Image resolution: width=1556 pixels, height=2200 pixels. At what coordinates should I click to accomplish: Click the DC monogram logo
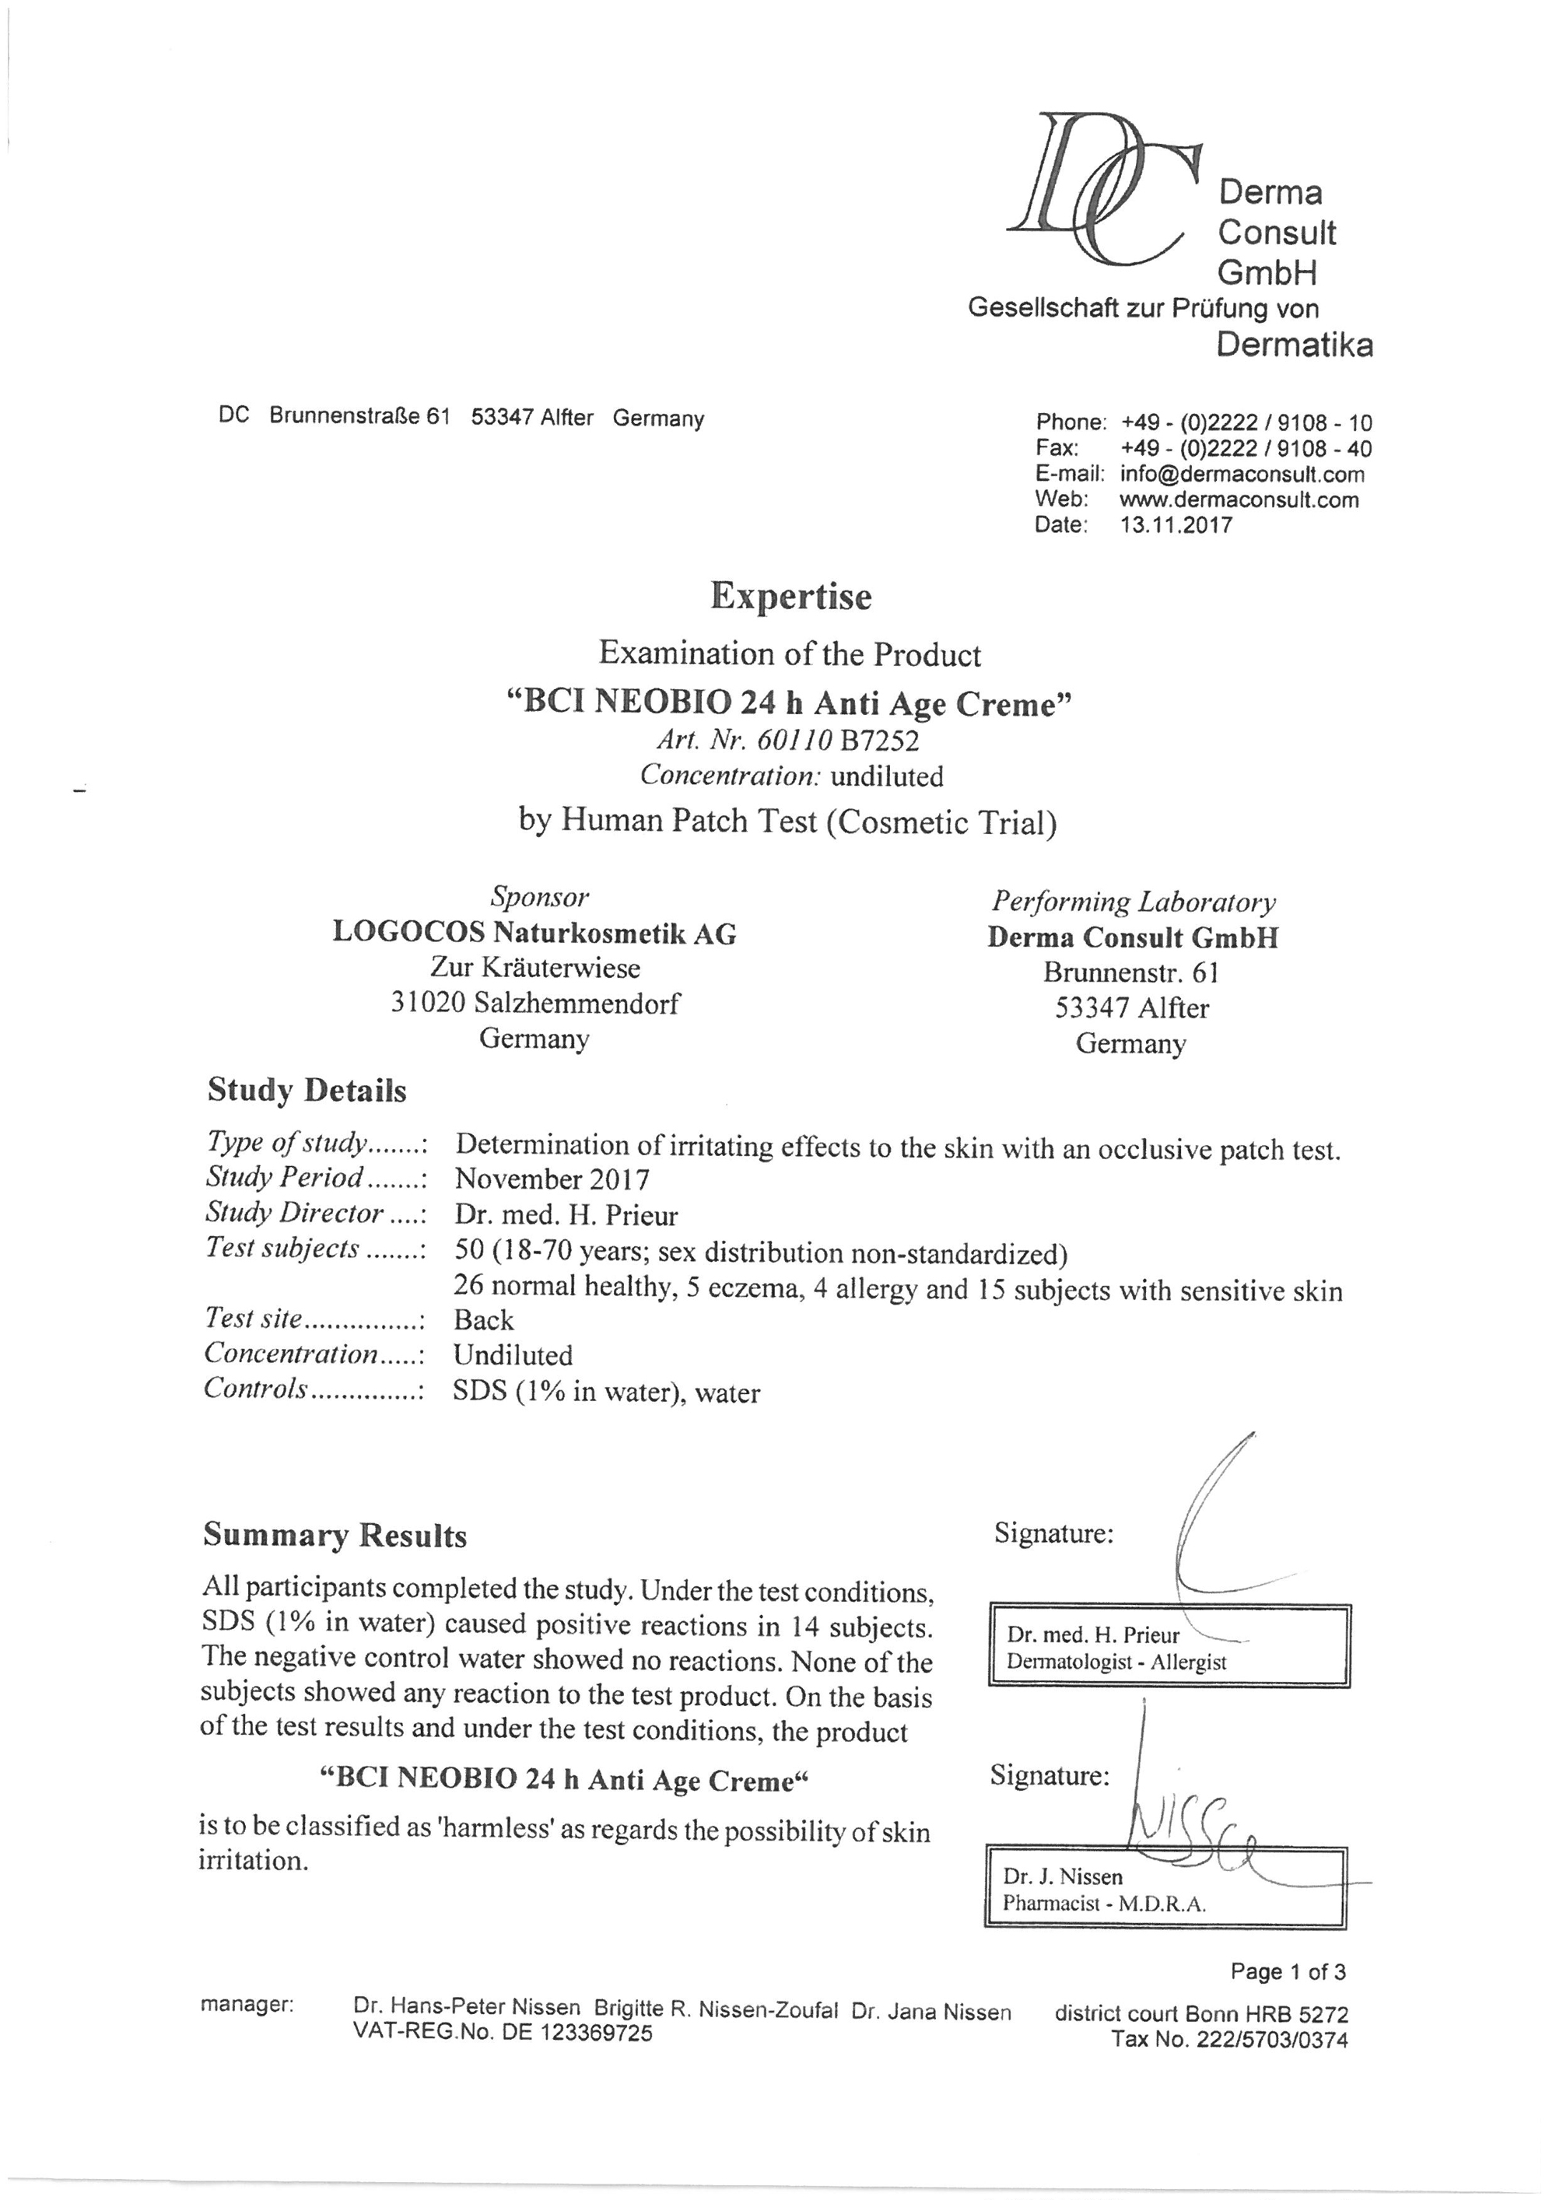tap(1102, 187)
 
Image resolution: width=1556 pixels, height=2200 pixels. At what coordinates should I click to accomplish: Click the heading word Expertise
tap(790, 596)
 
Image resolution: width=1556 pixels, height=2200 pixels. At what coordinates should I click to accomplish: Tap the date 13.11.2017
tap(1176, 525)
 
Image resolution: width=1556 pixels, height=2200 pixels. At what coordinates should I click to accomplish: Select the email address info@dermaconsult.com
tap(1242, 475)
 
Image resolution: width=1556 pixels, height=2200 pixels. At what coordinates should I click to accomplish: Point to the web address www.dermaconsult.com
tap(1239, 499)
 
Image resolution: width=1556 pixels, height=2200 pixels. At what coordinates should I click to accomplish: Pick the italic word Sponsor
tap(539, 897)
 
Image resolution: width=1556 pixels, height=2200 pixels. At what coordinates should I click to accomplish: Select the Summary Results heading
tap(335, 1535)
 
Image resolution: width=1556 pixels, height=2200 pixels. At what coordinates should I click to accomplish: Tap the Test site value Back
tap(483, 1320)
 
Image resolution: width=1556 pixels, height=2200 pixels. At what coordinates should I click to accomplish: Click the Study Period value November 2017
tap(552, 1179)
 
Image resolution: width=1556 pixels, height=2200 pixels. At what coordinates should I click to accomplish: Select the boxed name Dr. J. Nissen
tap(1062, 1876)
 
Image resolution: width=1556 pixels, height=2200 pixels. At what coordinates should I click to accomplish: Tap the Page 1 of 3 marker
tap(1288, 1971)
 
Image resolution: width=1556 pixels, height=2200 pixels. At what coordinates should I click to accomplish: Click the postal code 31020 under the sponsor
tap(427, 1004)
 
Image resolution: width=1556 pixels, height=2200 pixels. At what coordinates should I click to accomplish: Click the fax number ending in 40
tap(1246, 448)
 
